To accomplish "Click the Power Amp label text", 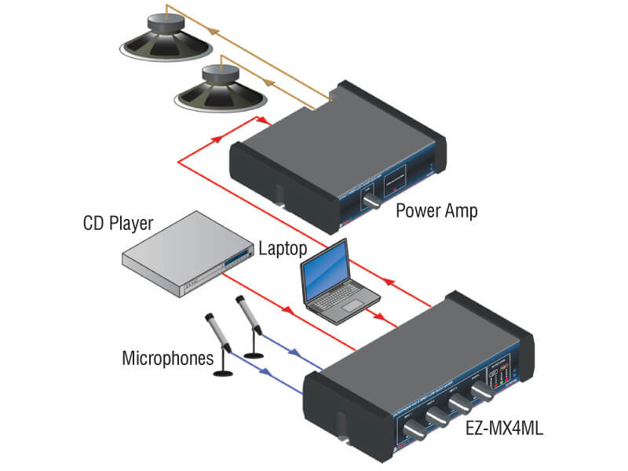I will coord(436,210).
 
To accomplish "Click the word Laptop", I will coord(283,250).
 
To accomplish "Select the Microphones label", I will coord(167,359).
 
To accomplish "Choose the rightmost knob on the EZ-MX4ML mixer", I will coord(482,390).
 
